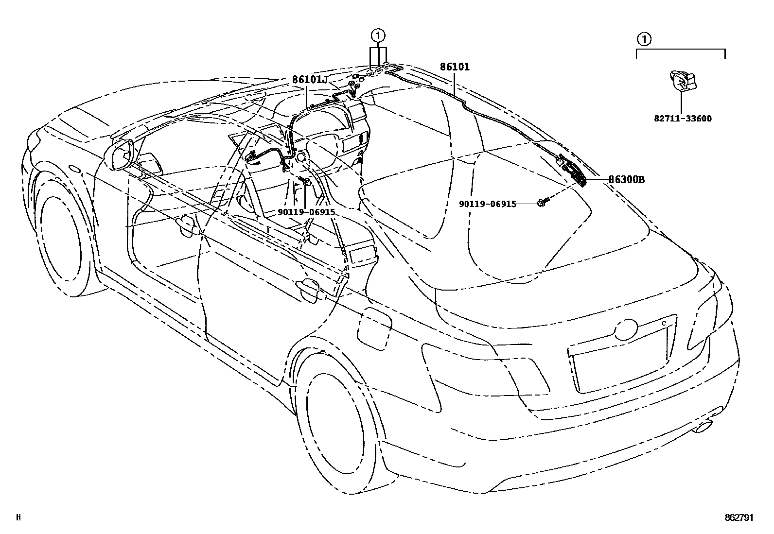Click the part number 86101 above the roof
tap(455, 67)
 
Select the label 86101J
tap(310, 80)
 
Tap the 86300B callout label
tap(627, 179)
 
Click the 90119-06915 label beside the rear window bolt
tap(488, 204)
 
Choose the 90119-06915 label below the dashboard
tap(307, 212)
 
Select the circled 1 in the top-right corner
tap(643, 38)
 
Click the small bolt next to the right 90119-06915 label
tap(542, 203)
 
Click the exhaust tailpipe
tap(703, 428)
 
